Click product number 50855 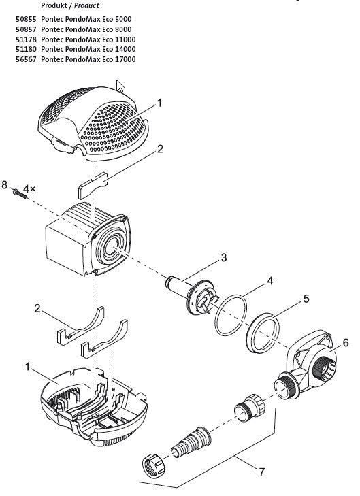click(26, 19)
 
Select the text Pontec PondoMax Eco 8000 click(86, 29)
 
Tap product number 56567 click(26, 59)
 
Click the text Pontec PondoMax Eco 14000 click(88, 49)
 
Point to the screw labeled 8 click(20, 193)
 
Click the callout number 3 click(224, 257)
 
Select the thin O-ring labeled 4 click(231, 315)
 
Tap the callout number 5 click(306, 299)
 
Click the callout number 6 click(345, 343)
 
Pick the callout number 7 click(261, 472)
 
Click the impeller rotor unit click(193, 293)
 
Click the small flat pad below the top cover click(93, 186)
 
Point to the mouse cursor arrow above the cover click(120, 86)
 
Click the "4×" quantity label click(29, 189)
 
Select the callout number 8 click(4, 185)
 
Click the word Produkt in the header click(54, 5)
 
